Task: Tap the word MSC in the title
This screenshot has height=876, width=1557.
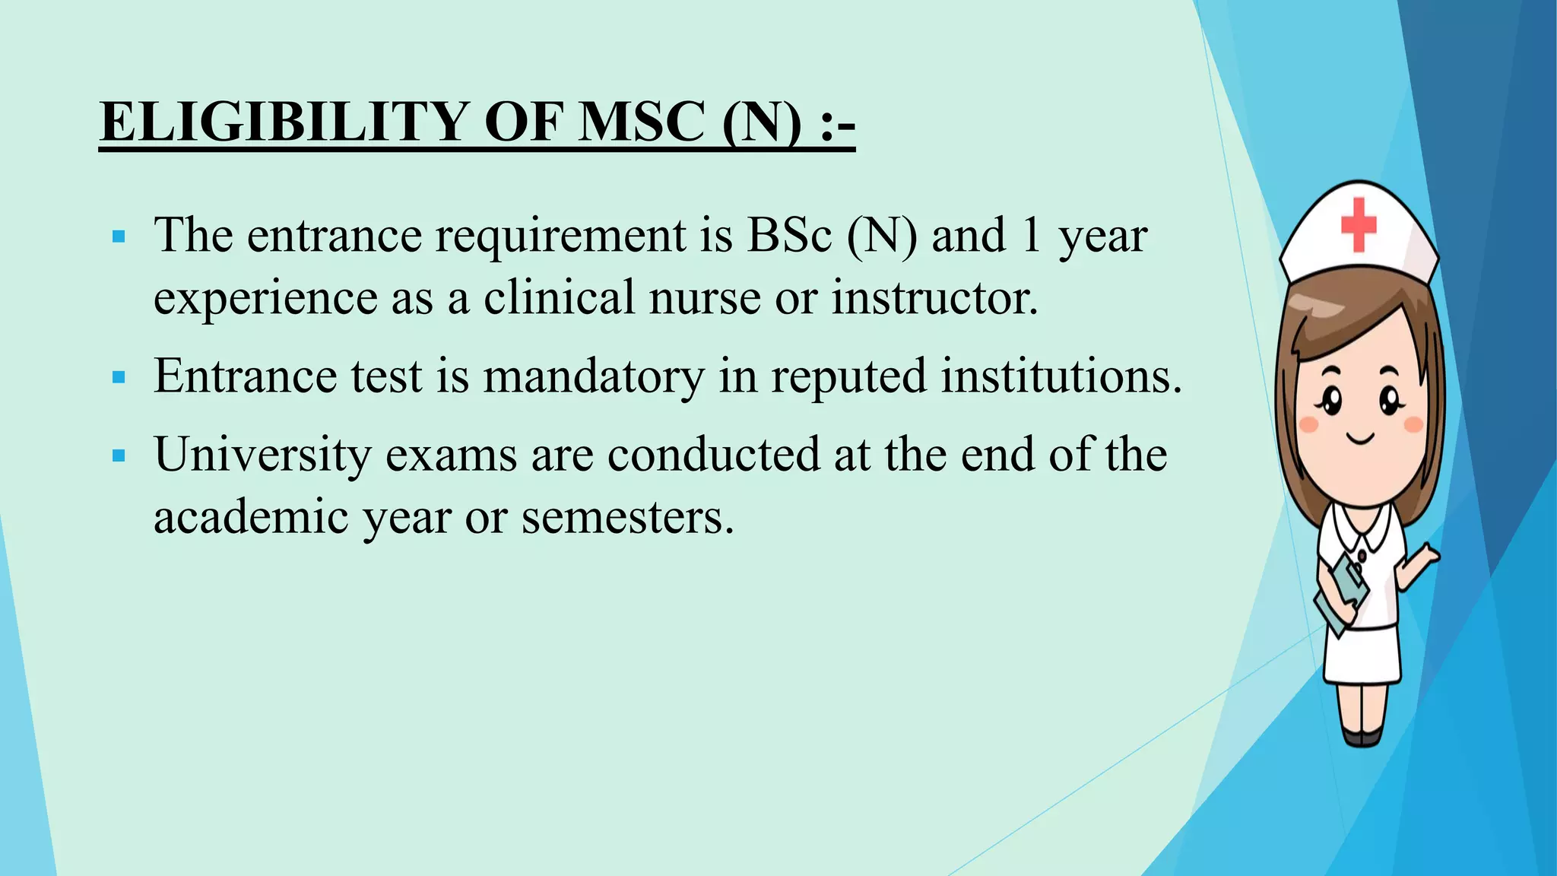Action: pos(640,122)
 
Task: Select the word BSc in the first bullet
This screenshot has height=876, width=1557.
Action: pos(789,235)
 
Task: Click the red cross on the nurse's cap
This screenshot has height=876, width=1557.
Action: pos(1359,224)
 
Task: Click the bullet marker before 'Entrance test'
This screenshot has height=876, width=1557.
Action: pos(118,377)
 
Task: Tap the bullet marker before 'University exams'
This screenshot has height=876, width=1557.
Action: pos(118,456)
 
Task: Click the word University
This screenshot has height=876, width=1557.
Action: pos(262,455)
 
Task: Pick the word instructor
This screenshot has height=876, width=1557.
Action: pos(934,297)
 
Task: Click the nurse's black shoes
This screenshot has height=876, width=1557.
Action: pos(1362,736)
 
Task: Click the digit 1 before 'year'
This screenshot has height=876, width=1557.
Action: pos(1031,235)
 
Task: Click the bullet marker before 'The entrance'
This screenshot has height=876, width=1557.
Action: pos(118,237)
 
